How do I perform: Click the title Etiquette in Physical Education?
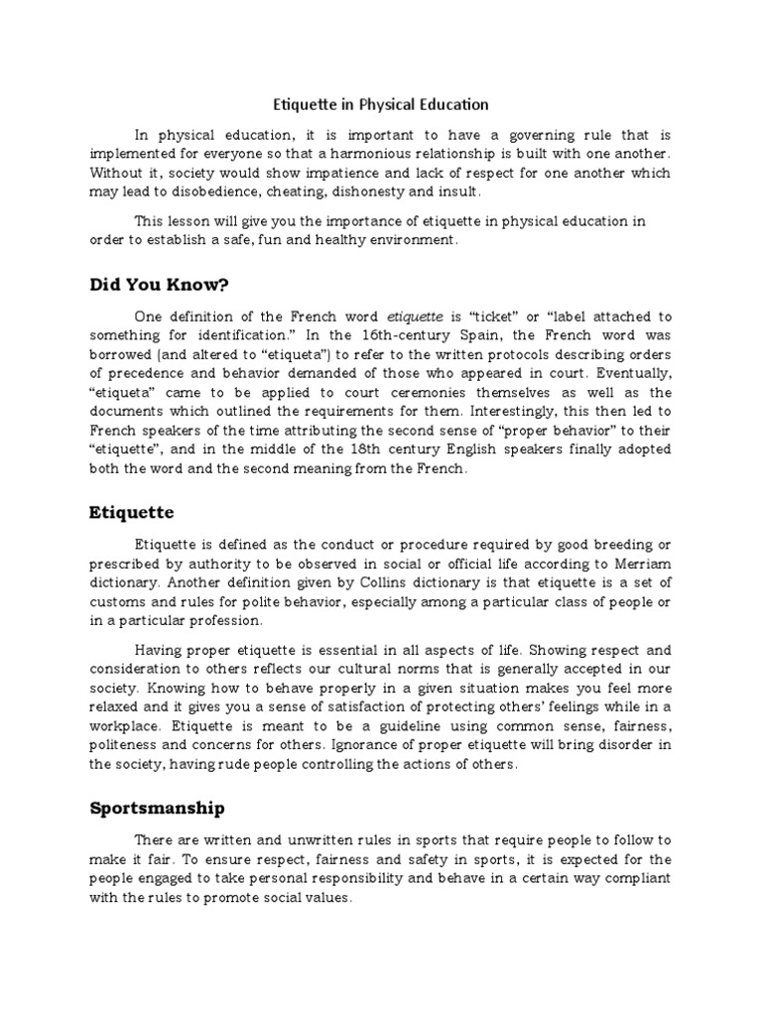point(381,104)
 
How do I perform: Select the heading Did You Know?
point(160,285)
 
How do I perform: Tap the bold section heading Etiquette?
point(132,512)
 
